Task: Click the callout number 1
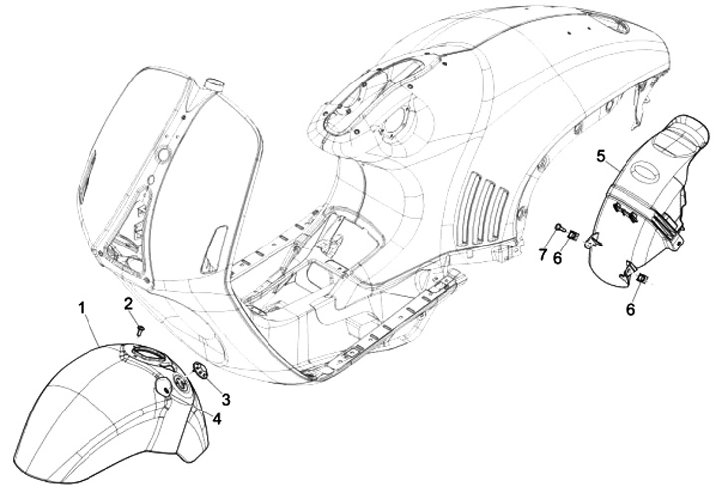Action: [82, 308]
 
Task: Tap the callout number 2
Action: [129, 302]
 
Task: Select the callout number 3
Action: [226, 399]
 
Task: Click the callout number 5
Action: [601, 155]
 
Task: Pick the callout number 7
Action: [543, 255]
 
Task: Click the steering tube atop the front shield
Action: [210, 83]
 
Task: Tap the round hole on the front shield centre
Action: [158, 156]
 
